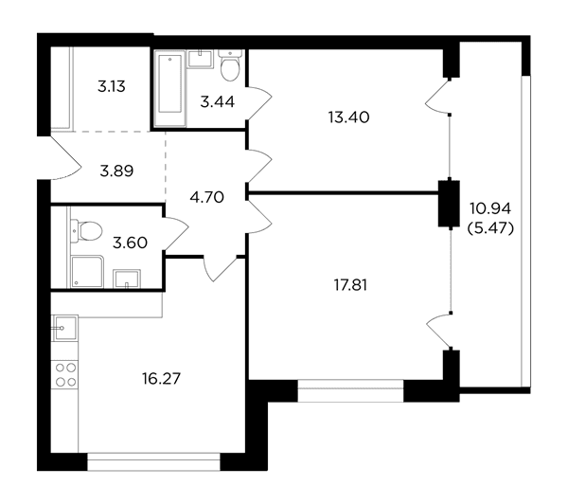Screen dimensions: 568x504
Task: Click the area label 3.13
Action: pyautogui.click(x=112, y=86)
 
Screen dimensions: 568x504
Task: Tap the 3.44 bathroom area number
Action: pyautogui.click(x=218, y=102)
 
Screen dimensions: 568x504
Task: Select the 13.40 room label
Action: pyautogui.click(x=348, y=117)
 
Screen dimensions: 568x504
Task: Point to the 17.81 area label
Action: pyautogui.click(x=350, y=285)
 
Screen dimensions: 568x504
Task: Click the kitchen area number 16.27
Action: pyautogui.click(x=161, y=379)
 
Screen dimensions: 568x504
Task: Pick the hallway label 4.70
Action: pyautogui.click(x=206, y=198)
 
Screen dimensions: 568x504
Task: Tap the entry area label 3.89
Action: pyautogui.click(x=116, y=171)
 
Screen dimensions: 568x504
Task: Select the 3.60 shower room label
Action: pyautogui.click(x=130, y=243)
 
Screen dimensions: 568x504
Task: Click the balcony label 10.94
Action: pyautogui.click(x=490, y=208)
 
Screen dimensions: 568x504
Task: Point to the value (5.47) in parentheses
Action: pyautogui.click(x=490, y=228)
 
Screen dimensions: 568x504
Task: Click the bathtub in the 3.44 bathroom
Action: pyautogui.click(x=169, y=88)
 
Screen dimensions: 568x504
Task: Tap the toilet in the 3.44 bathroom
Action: pyautogui.click(x=230, y=65)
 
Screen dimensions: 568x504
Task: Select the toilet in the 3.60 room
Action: pyautogui.click(x=86, y=231)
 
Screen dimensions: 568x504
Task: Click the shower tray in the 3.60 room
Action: pyautogui.click(x=88, y=272)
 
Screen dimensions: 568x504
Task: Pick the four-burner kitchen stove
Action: pyautogui.click(x=65, y=374)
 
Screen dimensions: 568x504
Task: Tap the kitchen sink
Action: pyautogui.click(x=65, y=328)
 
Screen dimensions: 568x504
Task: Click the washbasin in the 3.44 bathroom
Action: pyautogui.click(x=200, y=59)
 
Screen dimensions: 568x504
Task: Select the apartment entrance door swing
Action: pyautogui.click(x=65, y=157)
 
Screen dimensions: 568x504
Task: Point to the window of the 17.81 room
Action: pyautogui.click(x=350, y=391)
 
